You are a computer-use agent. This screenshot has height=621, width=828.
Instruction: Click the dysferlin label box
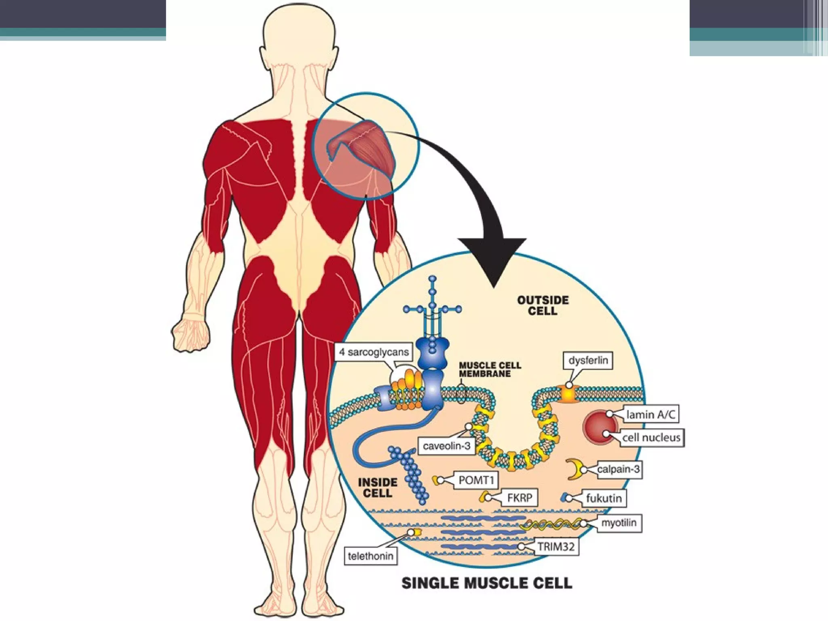(588, 360)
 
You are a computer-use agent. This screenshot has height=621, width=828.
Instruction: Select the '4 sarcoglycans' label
(374, 352)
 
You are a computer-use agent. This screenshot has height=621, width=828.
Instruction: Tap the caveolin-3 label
(446, 446)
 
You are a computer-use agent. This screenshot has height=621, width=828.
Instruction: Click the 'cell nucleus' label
(651, 437)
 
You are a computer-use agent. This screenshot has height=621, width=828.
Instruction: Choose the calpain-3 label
(619, 469)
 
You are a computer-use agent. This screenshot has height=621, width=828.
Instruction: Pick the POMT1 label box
(476, 480)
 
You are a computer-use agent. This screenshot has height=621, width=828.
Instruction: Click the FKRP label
(520, 498)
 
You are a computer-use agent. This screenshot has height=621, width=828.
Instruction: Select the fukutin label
(604, 498)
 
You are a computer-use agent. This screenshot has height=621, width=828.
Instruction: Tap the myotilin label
(619, 523)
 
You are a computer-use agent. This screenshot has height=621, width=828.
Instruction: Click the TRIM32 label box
(556, 547)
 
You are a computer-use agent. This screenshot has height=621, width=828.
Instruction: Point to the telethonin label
(370, 556)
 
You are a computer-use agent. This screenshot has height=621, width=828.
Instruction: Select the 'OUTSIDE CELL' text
(543, 306)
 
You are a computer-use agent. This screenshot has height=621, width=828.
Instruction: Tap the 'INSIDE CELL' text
(378, 488)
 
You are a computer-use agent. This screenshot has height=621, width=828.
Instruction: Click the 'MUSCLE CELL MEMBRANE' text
(490, 369)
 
